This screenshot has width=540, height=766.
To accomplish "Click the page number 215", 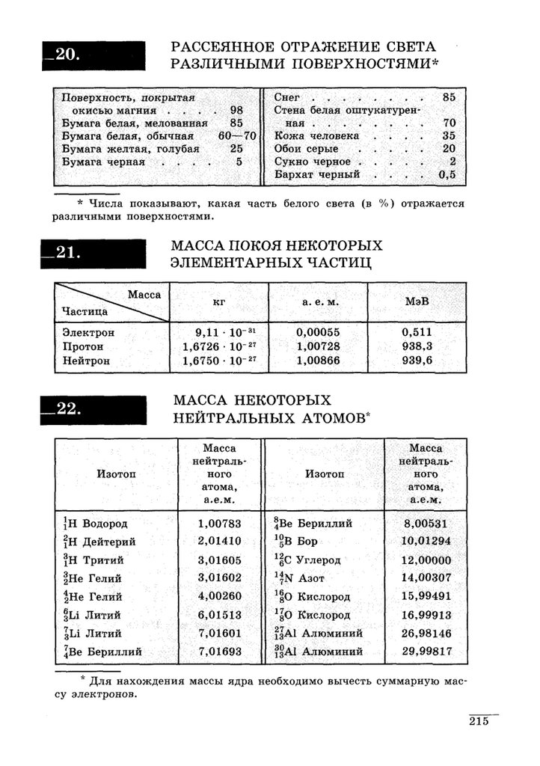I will [479, 721].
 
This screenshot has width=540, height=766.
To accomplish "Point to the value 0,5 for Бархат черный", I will [447, 174].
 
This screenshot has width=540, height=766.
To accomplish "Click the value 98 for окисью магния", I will [237, 110].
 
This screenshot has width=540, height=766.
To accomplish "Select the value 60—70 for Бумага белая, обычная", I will [237, 136].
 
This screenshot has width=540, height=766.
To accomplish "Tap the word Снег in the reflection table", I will [287, 97].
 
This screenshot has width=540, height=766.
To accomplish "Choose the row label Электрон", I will [88, 332].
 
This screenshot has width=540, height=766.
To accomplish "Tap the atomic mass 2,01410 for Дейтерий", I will [220, 542].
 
